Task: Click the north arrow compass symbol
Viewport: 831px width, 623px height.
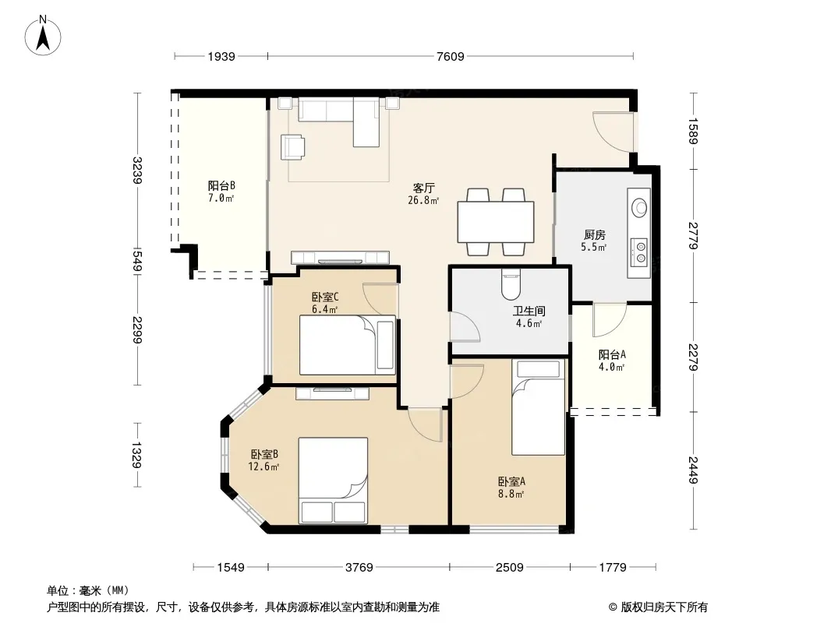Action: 43,36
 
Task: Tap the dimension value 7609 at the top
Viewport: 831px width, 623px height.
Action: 450,56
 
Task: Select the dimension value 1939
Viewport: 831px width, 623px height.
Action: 221,56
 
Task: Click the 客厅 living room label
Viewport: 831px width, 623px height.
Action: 424,188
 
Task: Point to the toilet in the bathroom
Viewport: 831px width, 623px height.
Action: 511,283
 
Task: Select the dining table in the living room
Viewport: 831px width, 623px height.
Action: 496,222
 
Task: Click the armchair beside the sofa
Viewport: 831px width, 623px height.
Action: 292,146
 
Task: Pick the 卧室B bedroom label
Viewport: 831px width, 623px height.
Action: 264,454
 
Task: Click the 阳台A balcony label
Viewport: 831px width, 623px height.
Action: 612,354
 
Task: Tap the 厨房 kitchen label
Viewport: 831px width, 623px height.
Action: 595,234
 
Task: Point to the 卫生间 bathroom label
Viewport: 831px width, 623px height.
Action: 529,311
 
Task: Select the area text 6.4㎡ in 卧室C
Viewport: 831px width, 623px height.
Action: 324,309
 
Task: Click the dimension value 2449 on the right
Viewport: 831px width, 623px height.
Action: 693,470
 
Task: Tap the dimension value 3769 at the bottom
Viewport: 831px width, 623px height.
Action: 359,568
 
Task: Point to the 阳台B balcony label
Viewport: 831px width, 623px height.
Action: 221,186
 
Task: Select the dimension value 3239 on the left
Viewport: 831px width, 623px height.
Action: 137,170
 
